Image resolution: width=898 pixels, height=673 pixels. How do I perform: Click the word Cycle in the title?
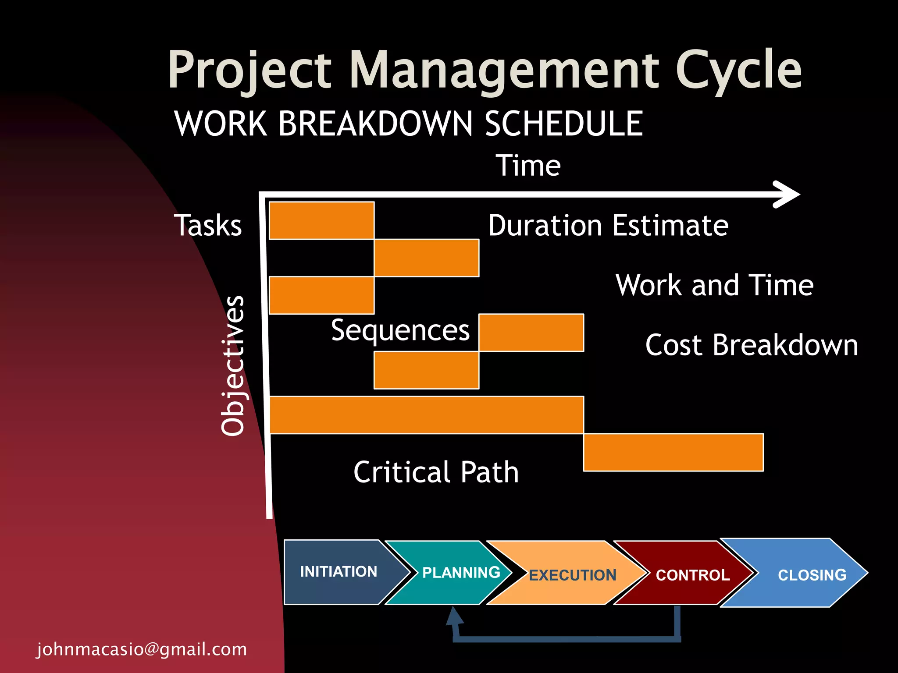739,70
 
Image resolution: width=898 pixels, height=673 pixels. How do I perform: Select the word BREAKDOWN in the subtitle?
375,124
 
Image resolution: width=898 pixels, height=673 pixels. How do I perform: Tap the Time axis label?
528,166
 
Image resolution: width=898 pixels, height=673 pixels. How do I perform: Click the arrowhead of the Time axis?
788,194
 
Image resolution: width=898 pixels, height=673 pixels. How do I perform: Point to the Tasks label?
208,225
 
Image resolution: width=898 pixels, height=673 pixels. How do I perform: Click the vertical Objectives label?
232,365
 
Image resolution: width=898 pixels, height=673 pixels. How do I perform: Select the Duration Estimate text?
608,226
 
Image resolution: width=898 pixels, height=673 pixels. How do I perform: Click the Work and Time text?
714,285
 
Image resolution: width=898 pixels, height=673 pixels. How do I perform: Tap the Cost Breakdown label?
751,345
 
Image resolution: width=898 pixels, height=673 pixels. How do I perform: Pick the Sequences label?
400,330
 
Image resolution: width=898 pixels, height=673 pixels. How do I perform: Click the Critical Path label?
436,472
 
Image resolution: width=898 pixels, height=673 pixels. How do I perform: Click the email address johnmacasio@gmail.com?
142,649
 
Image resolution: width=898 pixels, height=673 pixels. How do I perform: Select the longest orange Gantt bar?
426,415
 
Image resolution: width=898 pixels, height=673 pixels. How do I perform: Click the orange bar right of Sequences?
531,333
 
